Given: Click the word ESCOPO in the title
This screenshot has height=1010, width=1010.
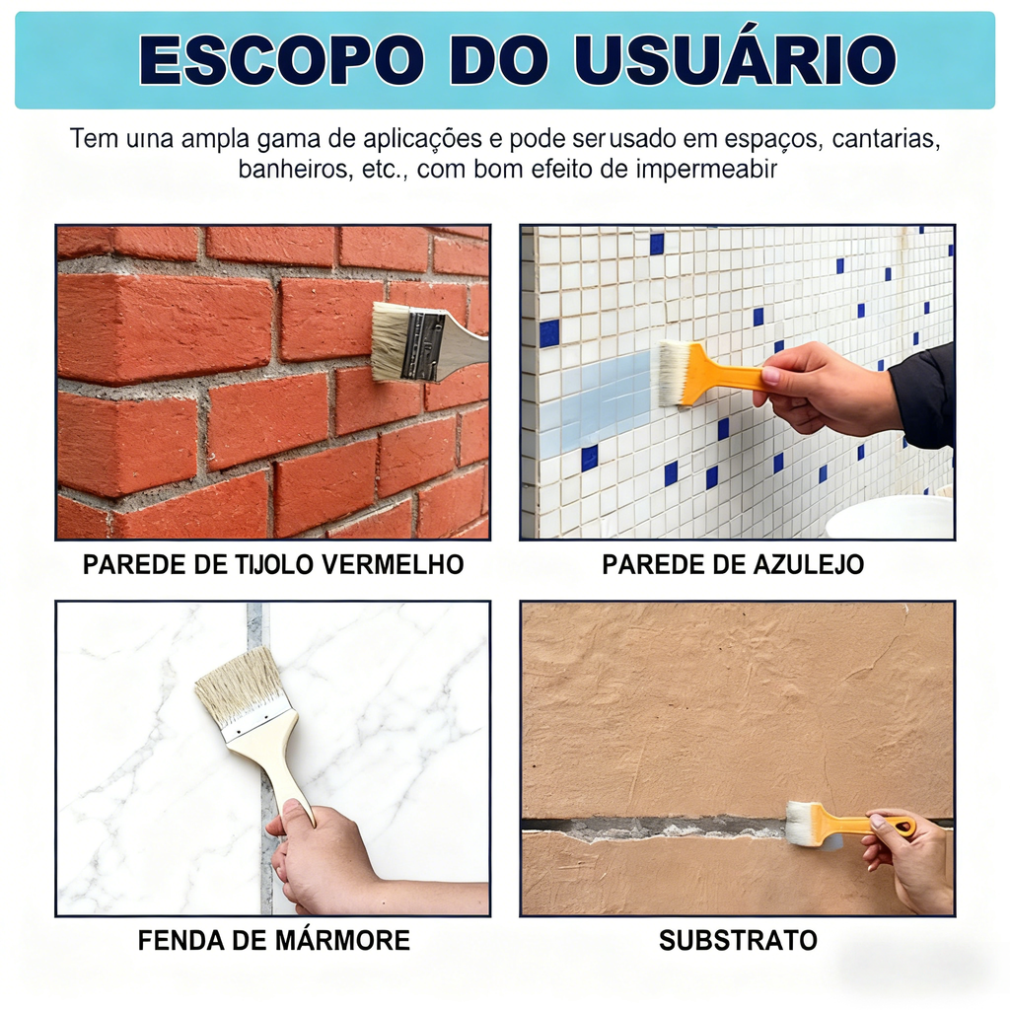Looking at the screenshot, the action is (282, 59).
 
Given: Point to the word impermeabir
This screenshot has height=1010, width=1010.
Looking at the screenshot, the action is (706, 170).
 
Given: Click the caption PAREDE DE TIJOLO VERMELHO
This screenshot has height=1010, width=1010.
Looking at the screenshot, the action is (273, 564).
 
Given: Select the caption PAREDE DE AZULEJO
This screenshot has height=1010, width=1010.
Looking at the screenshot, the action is (733, 564).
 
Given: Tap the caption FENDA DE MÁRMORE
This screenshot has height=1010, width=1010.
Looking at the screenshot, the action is (274, 940).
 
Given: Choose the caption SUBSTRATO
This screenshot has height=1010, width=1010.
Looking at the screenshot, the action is (738, 940).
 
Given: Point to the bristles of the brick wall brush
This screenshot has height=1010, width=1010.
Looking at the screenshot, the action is (389, 341).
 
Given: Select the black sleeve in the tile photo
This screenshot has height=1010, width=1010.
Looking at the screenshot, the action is (923, 397).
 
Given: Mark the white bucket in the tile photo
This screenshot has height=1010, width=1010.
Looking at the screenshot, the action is (890, 517).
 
